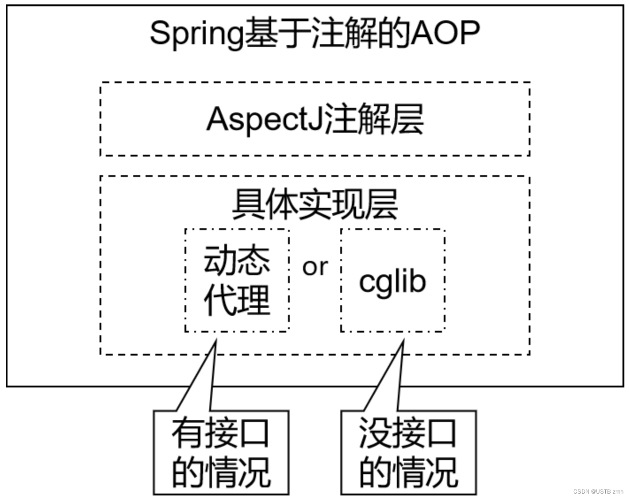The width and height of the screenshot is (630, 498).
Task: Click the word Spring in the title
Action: (196, 34)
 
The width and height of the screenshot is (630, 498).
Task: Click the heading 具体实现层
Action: (315, 204)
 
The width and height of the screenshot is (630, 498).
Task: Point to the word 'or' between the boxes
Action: (315, 267)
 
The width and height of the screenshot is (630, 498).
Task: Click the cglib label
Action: (392, 281)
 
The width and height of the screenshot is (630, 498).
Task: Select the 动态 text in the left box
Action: (237, 260)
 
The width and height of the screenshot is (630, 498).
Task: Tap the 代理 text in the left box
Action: (237, 300)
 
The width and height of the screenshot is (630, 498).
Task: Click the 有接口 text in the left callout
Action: (221, 433)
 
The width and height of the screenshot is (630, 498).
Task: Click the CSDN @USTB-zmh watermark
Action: (598, 492)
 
